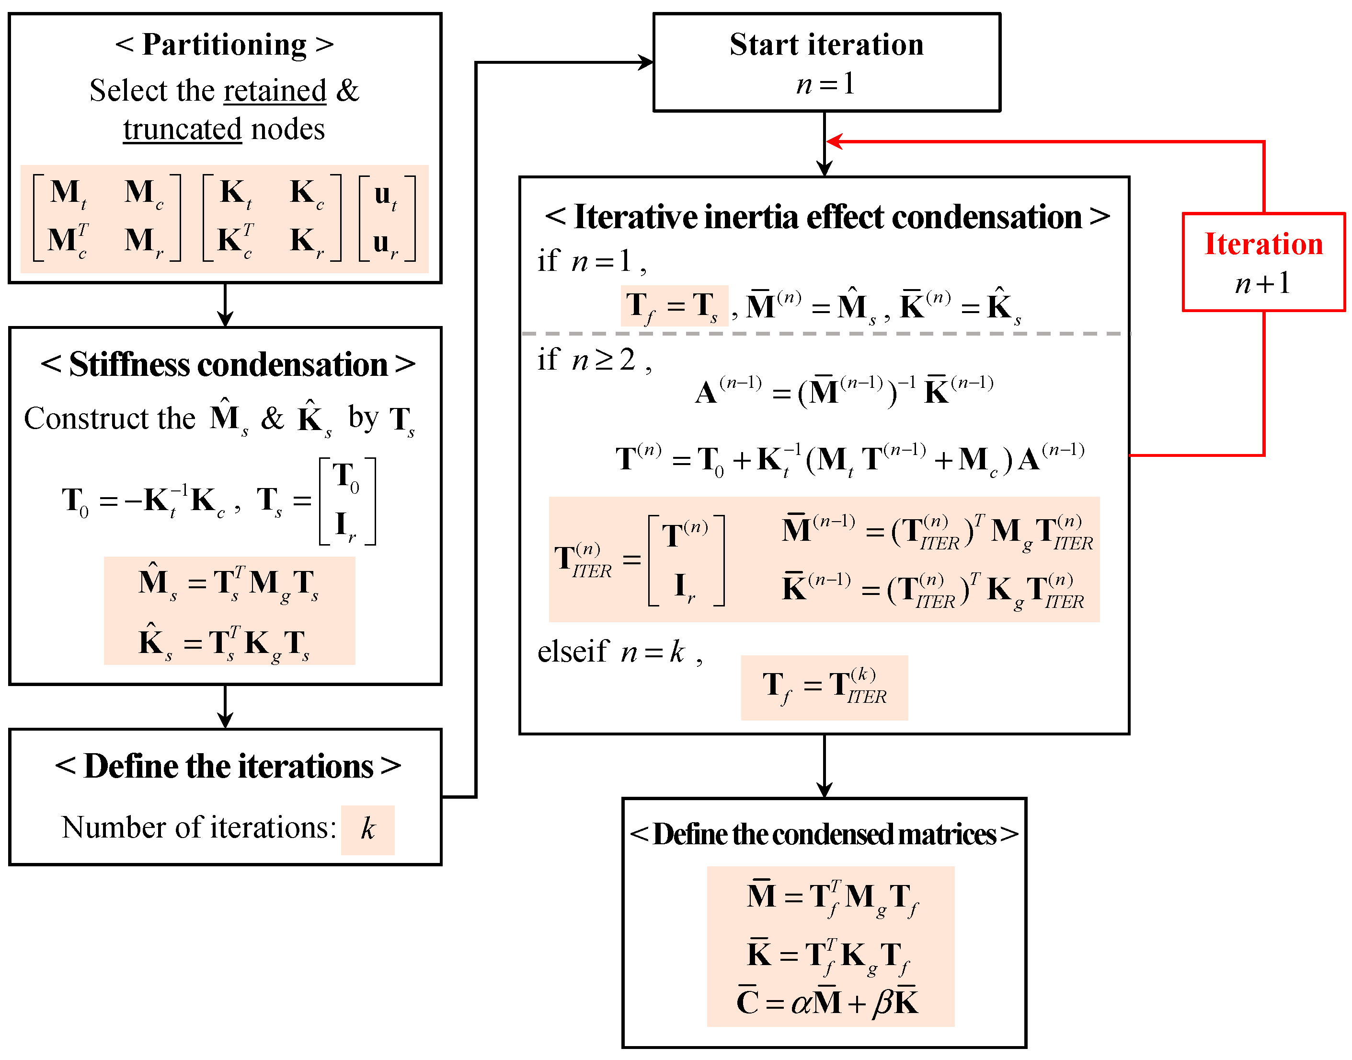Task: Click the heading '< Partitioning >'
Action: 225,45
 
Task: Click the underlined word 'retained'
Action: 275,91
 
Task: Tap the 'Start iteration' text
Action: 826,45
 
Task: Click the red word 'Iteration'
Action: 1263,244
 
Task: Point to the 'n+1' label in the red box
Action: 1263,283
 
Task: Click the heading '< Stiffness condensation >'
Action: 228,364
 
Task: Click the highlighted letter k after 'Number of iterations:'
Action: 368,829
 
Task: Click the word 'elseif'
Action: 573,652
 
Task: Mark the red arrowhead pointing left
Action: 834,141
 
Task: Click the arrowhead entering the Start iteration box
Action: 647,62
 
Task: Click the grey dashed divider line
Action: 825,334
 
